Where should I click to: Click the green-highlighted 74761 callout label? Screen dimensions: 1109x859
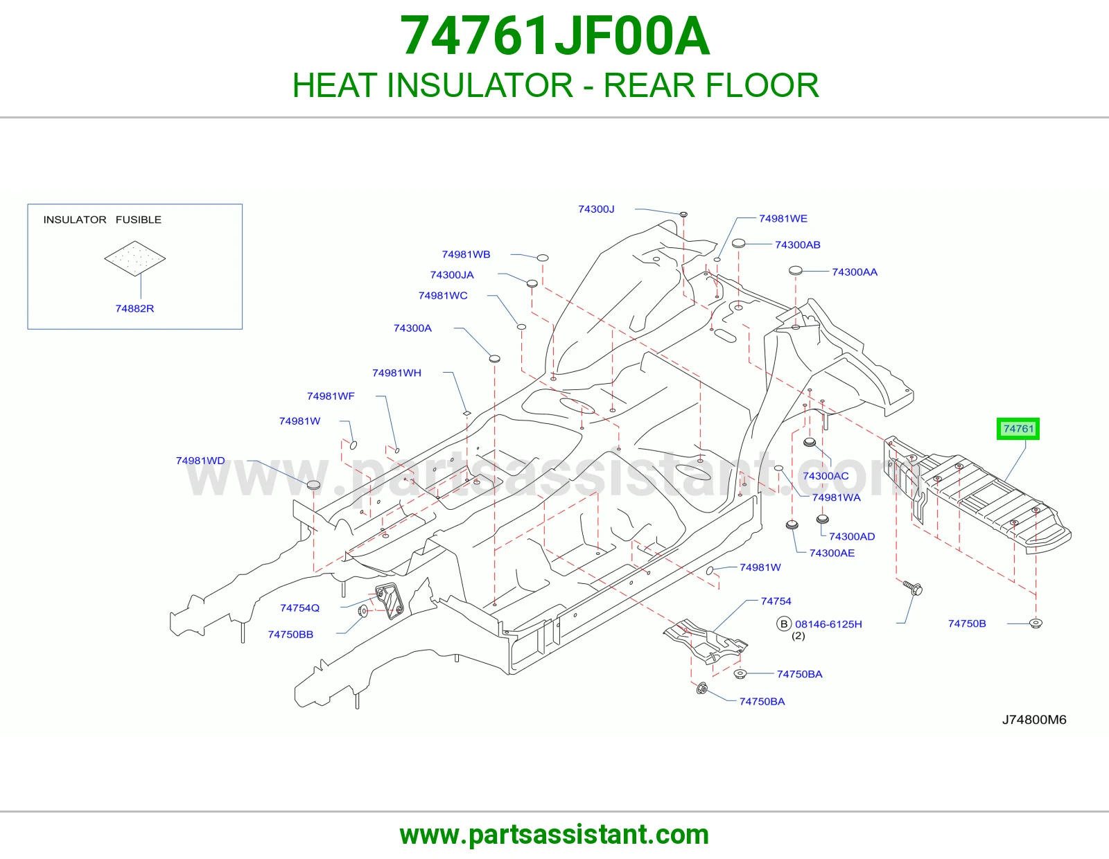1018,429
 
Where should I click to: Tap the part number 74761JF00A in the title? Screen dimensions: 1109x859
554,36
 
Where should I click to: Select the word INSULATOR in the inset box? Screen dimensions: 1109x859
75,220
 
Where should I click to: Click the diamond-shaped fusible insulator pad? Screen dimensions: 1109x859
134,258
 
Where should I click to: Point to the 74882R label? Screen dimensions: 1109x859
134,308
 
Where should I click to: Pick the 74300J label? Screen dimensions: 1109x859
596,209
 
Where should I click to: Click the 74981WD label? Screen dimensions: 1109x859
200,461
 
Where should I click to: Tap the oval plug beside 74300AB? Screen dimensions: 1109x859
738,243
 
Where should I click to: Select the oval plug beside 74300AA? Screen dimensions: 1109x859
796,270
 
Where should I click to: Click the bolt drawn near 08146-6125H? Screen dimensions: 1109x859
913,587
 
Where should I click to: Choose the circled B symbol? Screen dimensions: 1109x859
784,624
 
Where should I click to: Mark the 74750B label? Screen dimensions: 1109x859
967,623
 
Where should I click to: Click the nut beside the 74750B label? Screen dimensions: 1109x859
1036,623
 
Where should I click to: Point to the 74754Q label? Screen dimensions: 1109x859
299,608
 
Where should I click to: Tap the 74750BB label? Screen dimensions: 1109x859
290,635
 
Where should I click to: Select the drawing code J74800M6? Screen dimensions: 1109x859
1034,720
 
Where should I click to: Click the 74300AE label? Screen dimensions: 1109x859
832,553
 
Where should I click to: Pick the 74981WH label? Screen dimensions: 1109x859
396,373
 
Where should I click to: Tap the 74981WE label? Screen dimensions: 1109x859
783,218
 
